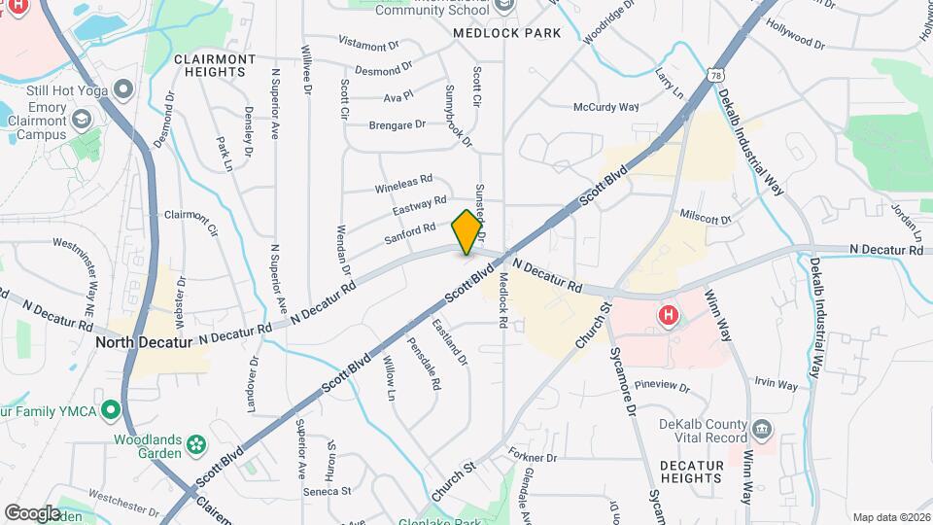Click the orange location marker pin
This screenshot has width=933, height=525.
(x=466, y=232)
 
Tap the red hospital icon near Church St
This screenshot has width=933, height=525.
(x=668, y=315)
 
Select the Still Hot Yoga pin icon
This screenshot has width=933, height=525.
(x=122, y=91)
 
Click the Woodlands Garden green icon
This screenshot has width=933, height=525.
(x=197, y=445)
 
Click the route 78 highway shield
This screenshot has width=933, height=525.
(x=715, y=75)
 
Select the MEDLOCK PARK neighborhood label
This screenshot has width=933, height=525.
(x=507, y=33)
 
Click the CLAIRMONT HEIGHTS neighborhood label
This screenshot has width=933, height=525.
(x=215, y=65)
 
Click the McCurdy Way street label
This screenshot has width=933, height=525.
(x=605, y=107)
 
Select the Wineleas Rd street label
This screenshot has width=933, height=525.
(x=403, y=186)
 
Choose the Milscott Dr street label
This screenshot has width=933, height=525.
(x=706, y=216)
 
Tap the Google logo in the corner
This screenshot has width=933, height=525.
(x=33, y=512)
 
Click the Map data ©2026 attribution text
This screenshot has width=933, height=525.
(x=890, y=517)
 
